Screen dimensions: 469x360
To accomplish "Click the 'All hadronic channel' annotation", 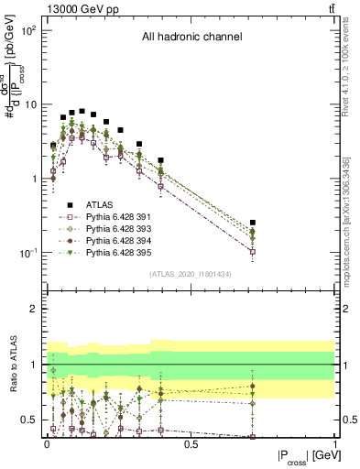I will click(191, 38).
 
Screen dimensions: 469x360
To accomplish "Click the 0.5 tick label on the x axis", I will click(191, 444).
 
